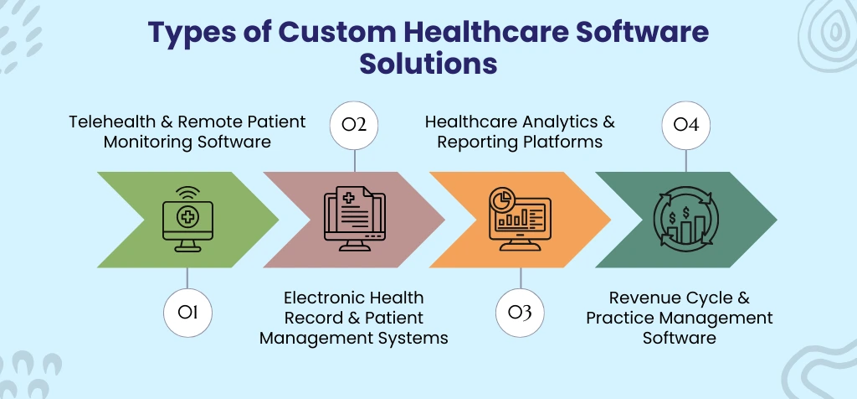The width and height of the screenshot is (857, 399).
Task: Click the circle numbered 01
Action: pos(187,313)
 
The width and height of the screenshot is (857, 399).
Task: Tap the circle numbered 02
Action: pos(355,126)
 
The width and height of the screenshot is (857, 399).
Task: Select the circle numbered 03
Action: pos(520,313)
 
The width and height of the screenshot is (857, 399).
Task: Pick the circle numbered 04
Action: pos(686,126)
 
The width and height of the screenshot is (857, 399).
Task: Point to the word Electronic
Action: pos(325,298)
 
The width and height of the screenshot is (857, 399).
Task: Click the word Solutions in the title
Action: pos(428,64)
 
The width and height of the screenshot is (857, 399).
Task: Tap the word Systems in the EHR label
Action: pos(416,338)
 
